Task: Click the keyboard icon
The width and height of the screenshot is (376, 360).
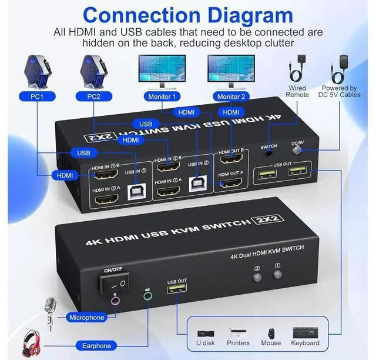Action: coord(305,332)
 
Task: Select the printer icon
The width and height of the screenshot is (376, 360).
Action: coord(238,332)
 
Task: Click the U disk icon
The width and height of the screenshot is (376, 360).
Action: coord(205,333)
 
